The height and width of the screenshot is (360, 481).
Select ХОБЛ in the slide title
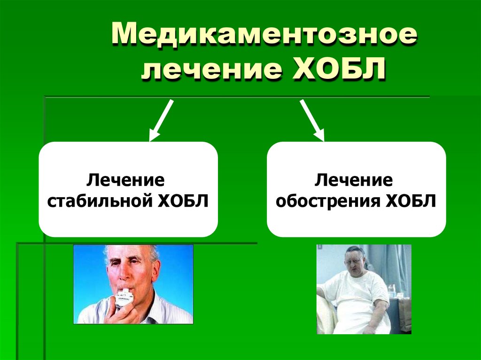(334, 70)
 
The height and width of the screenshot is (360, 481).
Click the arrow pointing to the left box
(161, 121)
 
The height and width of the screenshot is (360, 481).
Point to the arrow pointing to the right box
(312, 121)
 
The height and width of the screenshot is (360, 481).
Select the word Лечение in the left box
(128, 179)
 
